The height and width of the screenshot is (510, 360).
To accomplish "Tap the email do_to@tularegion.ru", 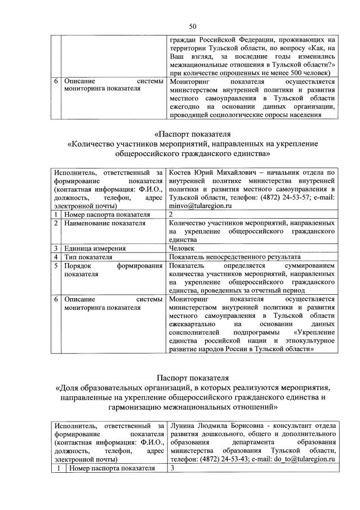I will [x=310, y=459].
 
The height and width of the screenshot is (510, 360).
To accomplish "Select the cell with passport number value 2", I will [x=171, y=215].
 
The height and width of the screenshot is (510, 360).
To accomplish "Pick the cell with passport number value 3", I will [x=171, y=468].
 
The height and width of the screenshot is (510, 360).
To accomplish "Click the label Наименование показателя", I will [x=97, y=223].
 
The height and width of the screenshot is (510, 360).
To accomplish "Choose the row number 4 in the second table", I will [x=57, y=256].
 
